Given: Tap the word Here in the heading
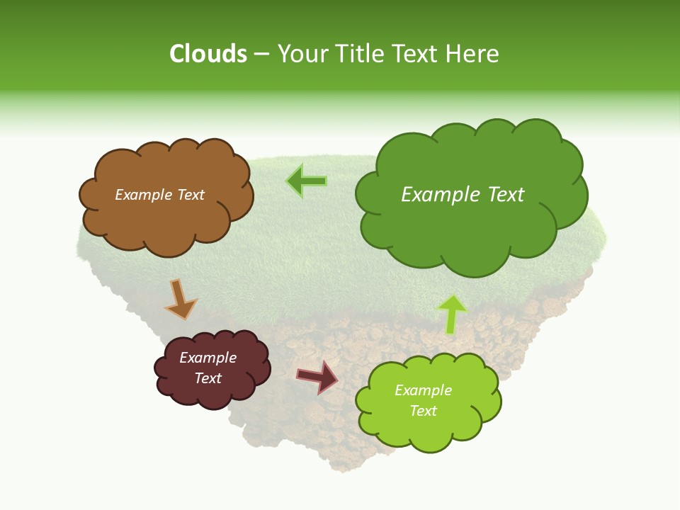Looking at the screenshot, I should click(473, 54).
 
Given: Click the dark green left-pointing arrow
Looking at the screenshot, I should click(306, 181).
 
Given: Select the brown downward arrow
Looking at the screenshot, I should click(180, 299).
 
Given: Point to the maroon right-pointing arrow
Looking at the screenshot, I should click(317, 376).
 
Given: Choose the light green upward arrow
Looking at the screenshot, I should click(452, 314).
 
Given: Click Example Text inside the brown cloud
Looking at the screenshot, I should click(159, 195).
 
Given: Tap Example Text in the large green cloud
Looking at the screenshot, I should click(463, 195).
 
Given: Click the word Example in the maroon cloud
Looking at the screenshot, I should click(208, 358).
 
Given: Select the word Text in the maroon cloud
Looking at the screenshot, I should click(208, 378).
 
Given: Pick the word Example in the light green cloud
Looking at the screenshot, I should click(423, 390).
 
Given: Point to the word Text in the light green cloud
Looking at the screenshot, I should click(423, 411).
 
